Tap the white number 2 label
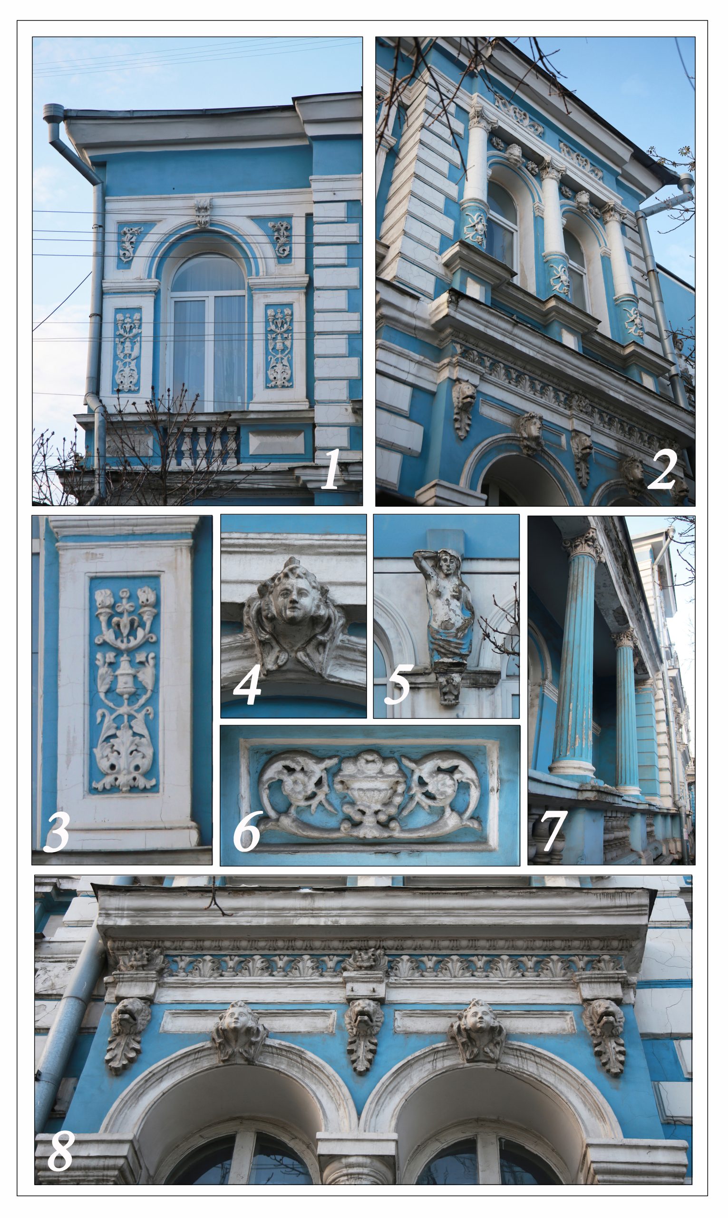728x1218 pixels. pos(663,471)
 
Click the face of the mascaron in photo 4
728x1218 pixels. pos(291,603)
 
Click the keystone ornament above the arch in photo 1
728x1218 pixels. pos(203,212)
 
